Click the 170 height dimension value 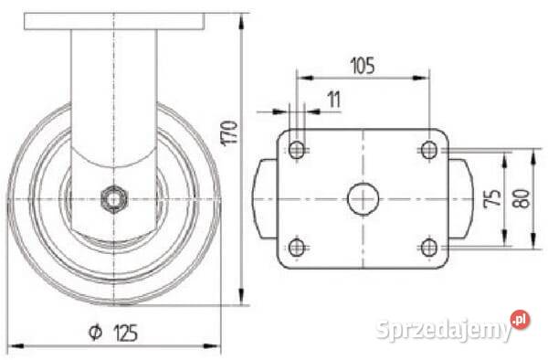pyautogui.click(x=229, y=132)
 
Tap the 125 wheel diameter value pyautogui.click(x=125, y=333)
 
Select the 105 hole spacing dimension pyautogui.click(x=363, y=66)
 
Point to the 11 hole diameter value pyautogui.click(x=334, y=100)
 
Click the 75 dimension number pyautogui.click(x=493, y=198)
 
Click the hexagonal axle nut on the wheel pyautogui.click(x=114, y=199)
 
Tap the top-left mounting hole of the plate pyautogui.click(x=297, y=150)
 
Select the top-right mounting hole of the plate pyautogui.click(x=429, y=150)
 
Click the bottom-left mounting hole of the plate pyautogui.click(x=297, y=248)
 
